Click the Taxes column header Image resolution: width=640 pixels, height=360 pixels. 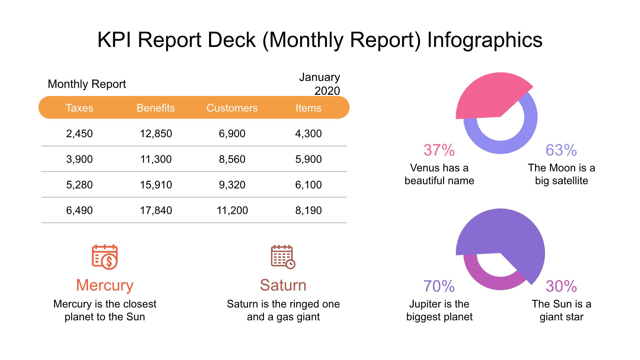(x=79, y=108)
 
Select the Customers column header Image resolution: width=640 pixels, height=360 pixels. (x=232, y=108)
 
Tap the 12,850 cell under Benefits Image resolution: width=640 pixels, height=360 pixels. (x=156, y=134)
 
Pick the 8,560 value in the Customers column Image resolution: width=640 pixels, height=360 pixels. (x=232, y=159)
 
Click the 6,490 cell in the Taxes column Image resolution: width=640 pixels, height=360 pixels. (x=79, y=210)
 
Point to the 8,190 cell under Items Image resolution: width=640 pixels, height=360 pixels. (x=308, y=210)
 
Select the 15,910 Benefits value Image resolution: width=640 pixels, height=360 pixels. (x=156, y=185)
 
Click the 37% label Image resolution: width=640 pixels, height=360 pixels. (x=439, y=150)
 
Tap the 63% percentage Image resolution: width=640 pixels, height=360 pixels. (x=561, y=150)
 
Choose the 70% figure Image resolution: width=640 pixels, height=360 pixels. (x=439, y=286)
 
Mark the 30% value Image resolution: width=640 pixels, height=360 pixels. (x=561, y=286)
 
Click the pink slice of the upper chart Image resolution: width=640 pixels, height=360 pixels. (x=489, y=95)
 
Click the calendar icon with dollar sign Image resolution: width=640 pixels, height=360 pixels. (x=105, y=257)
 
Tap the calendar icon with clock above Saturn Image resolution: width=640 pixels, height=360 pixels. (x=283, y=257)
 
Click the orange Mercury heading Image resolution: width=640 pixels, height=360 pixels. (x=105, y=285)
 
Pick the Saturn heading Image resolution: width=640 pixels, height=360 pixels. (x=283, y=285)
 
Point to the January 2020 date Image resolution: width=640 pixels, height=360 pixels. (x=319, y=84)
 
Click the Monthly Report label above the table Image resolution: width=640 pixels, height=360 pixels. (x=87, y=84)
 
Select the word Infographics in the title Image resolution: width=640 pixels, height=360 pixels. (x=485, y=40)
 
